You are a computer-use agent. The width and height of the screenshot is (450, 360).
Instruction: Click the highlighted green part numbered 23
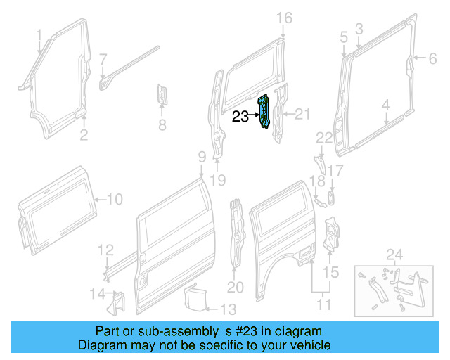coord(266,112)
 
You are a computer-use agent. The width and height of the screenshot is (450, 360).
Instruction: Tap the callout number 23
coord(240,117)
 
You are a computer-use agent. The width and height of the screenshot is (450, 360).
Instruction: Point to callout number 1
coord(39,34)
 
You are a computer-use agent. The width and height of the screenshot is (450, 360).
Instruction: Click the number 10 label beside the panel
coord(114,200)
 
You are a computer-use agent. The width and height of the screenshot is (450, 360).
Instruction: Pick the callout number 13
coord(229,309)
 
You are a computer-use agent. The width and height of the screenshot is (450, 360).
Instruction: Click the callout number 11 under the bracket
coord(324,304)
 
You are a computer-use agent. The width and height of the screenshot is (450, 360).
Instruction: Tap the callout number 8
coord(161,126)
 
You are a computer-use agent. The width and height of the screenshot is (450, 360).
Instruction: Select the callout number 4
coord(385,105)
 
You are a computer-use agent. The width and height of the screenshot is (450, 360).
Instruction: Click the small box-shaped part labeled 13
coord(194,296)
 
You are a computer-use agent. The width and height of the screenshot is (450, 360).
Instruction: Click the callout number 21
coord(302,115)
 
